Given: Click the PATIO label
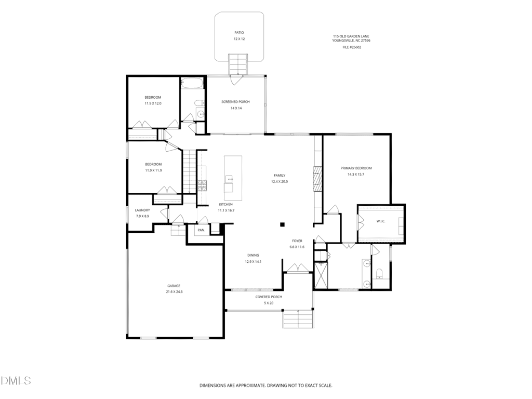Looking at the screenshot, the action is pyautogui.click(x=239, y=33).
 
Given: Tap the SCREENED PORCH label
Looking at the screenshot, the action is pyautogui.click(x=235, y=102).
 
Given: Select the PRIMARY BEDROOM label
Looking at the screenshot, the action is pyautogui.click(x=356, y=168).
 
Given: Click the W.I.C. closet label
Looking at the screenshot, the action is pyautogui.click(x=381, y=221).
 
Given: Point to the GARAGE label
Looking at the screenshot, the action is pyautogui.click(x=174, y=286).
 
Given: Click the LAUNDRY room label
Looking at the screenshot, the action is pyautogui.click(x=142, y=210).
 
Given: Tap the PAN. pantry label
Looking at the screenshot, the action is pyautogui.click(x=202, y=230).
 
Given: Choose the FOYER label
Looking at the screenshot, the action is pyautogui.click(x=297, y=241).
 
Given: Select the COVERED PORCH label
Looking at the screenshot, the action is pyautogui.click(x=269, y=297).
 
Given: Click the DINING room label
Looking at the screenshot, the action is pyautogui.click(x=253, y=255).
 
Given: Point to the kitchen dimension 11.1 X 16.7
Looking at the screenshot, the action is pyautogui.click(x=226, y=210).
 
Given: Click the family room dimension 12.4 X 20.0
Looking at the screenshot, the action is pyautogui.click(x=280, y=181).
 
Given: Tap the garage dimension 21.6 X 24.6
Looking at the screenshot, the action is pyautogui.click(x=174, y=291).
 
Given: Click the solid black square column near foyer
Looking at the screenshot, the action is pyautogui.click(x=282, y=224).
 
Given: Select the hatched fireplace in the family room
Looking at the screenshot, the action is pyautogui.click(x=317, y=179).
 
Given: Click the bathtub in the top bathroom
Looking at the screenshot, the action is pyautogui.click(x=192, y=83).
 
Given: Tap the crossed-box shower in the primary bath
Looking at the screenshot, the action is pyautogui.click(x=321, y=274).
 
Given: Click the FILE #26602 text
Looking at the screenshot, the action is pyautogui.click(x=352, y=47).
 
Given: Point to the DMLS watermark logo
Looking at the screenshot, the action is pyautogui.click(x=16, y=380).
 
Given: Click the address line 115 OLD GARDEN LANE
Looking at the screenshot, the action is pyautogui.click(x=351, y=36).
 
